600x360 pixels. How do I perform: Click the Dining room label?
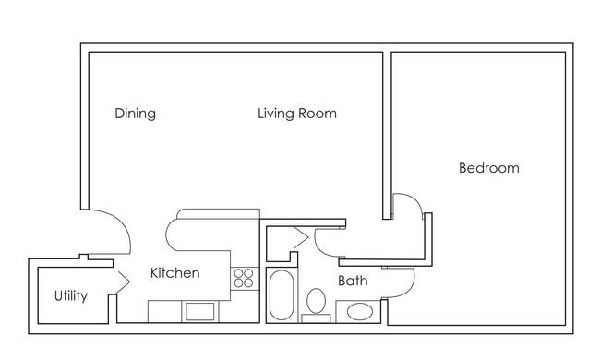pyautogui.click(x=135, y=114)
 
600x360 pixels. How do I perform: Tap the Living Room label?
pyautogui.click(x=297, y=114)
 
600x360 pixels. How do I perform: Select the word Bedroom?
pyautogui.click(x=489, y=168)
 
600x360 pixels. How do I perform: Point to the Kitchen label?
pyautogui.click(x=174, y=273)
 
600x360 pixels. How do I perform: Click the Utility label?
pyautogui.click(x=71, y=295)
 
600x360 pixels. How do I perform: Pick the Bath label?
pyautogui.click(x=353, y=281)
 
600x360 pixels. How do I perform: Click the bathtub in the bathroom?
pyautogui.click(x=282, y=295)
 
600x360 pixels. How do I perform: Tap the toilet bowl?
pyautogui.click(x=316, y=301)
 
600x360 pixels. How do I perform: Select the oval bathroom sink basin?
pyautogui.click(x=360, y=312)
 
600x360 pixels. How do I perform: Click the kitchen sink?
pyautogui.click(x=199, y=311)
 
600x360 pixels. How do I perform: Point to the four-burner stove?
pyautogui.click(x=244, y=278)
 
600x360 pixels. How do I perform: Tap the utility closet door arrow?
pyautogui.click(x=124, y=282)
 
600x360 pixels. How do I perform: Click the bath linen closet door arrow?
pyautogui.click(x=301, y=237)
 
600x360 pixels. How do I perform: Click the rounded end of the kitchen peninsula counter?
pyautogui.click(x=171, y=234)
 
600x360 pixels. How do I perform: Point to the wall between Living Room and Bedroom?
pyautogui.click(x=387, y=136)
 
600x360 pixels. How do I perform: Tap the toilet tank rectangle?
pyautogui.click(x=316, y=318)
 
